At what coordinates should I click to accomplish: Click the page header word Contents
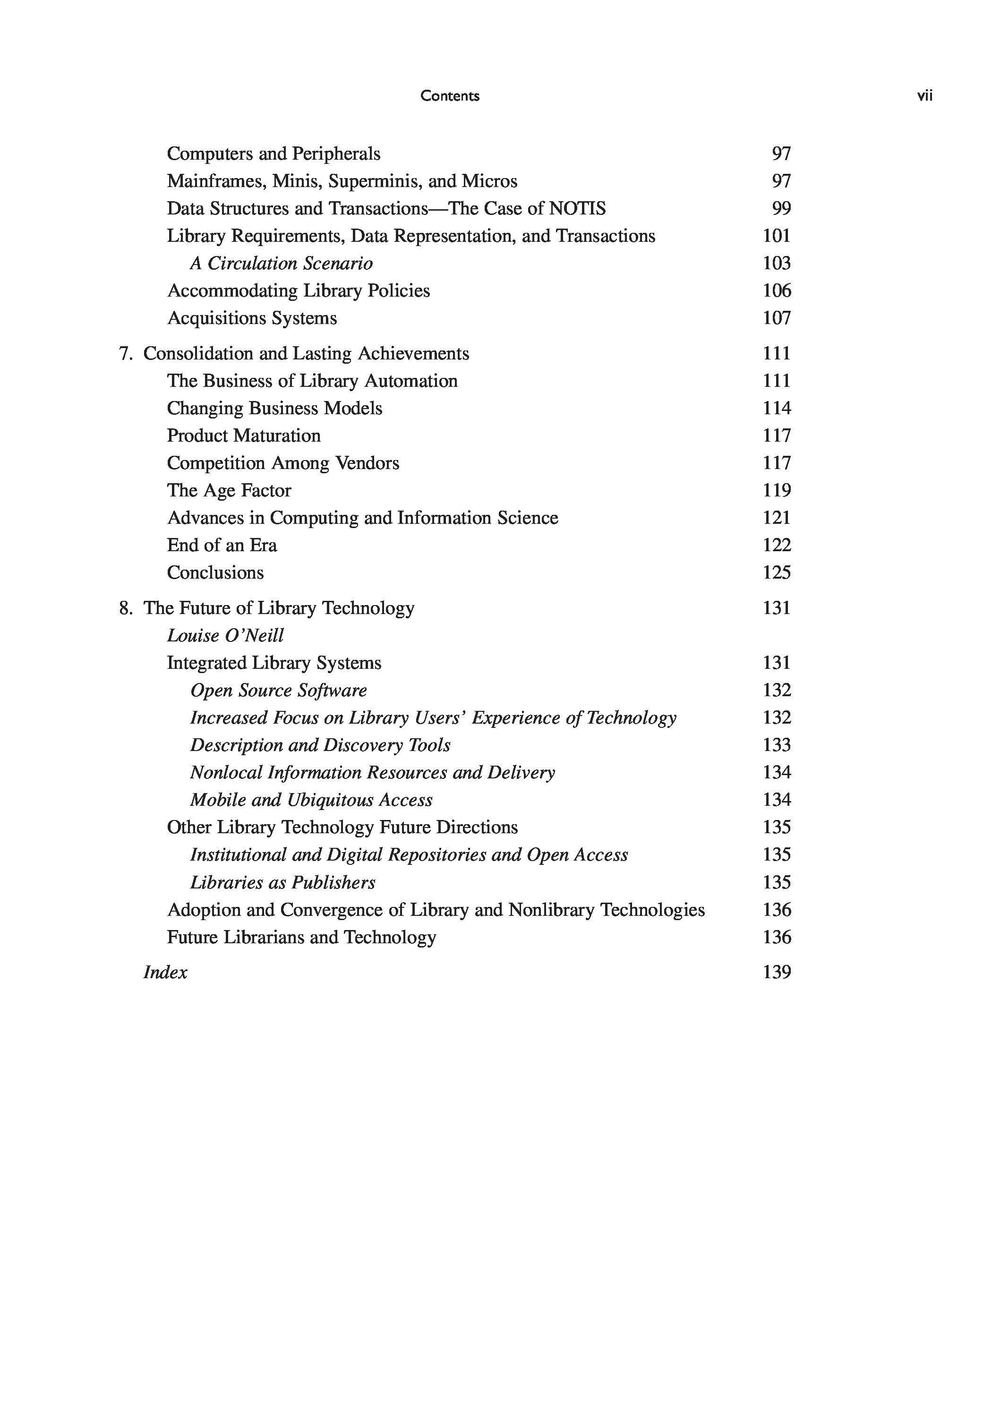(x=449, y=96)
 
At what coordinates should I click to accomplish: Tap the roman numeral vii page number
(x=924, y=96)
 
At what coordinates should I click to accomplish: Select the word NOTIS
(x=577, y=209)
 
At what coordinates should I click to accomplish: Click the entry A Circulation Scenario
(x=282, y=264)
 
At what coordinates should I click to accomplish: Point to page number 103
(x=777, y=264)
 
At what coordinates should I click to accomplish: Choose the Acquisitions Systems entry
(x=252, y=318)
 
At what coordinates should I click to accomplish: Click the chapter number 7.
(x=125, y=354)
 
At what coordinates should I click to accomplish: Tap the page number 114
(x=777, y=409)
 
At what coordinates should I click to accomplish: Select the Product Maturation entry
(x=244, y=435)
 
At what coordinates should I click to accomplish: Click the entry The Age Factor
(x=229, y=491)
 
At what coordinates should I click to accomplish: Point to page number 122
(x=777, y=545)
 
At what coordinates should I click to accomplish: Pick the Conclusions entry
(x=215, y=573)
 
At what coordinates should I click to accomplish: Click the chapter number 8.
(x=125, y=608)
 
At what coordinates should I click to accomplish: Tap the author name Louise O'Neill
(x=225, y=636)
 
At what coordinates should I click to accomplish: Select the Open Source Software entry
(x=278, y=691)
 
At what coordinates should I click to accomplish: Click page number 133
(x=777, y=745)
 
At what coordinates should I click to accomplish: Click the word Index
(x=165, y=973)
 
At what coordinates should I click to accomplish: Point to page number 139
(x=777, y=973)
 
